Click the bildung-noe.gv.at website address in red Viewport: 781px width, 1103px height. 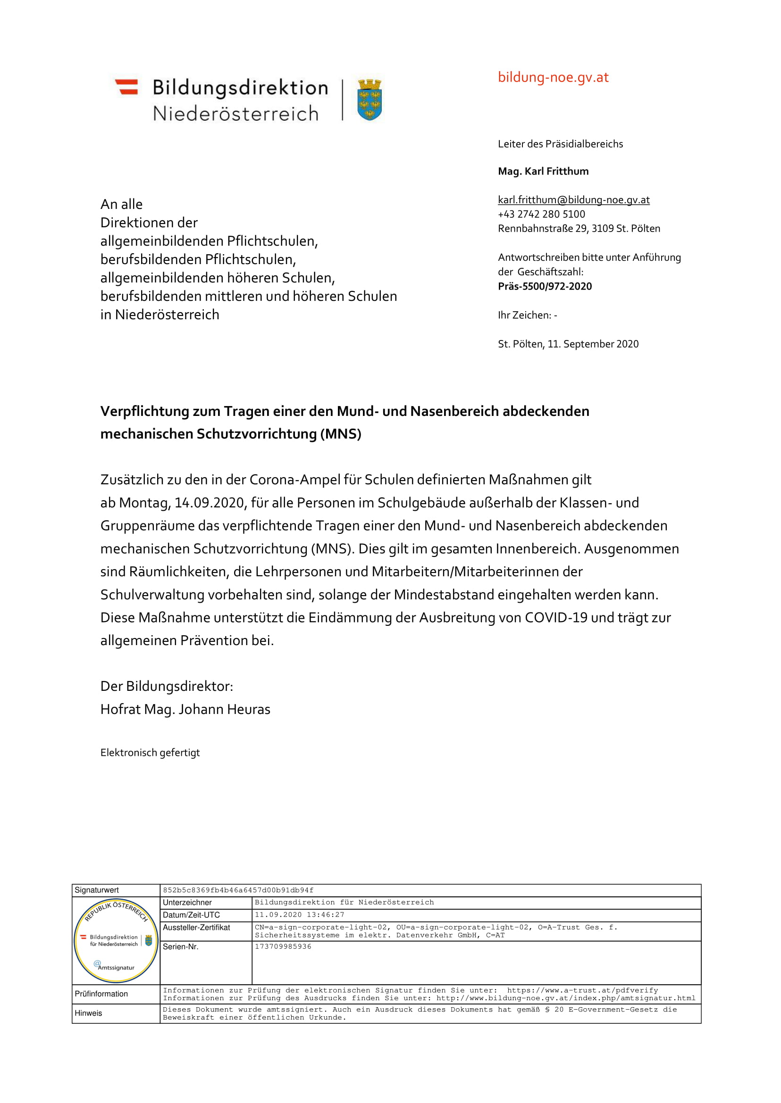pyautogui.click(x=553, y=77)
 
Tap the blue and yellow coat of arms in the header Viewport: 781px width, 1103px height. pyautogui.click(x=370, y=100)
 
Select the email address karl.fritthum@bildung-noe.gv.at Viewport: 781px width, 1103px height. pyautogui.click(x=574, y=200)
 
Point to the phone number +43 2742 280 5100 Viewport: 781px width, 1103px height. pyautogui.click(x=541, y=215)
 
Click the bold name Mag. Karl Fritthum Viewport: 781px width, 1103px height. pyautogui.click(x=543, y=172)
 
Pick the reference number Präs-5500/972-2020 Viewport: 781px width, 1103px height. pyautogui.click(x=545, y=286)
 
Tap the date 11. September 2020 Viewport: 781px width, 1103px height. pyautogui.click(x=593, y=344)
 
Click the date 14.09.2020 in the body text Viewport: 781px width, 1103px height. pyautogui.click(x=209, y=503)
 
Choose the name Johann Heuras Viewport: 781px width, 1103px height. pyautogui.click(x=224, y=709)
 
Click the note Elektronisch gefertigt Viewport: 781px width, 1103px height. pyautogui.click(x=150, y=753)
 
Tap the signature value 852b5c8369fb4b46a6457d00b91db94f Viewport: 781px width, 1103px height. pyautogui.click(x=238, y=890)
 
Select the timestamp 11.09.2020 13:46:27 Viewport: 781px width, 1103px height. pyautogui.click(x=300, y=914)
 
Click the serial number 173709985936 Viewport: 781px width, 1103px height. pyautogui.click(x=283, y=946)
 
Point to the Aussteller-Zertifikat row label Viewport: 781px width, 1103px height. pyautogui.click(x=196, y=927)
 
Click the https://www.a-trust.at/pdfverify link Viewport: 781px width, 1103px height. pyautogui.click(x=582, y=990)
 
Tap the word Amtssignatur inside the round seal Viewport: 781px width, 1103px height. pyautogui.click(x=116, y=968)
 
